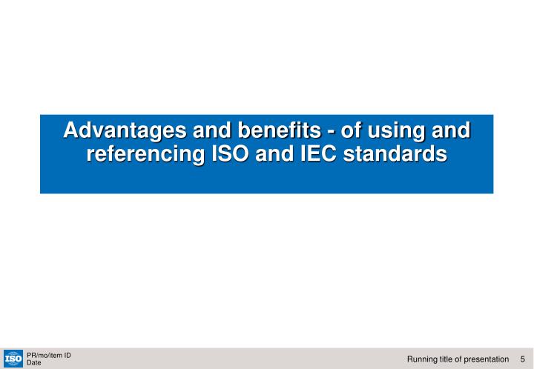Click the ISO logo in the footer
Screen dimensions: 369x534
[13, 359]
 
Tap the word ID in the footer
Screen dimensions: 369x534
[67, 355]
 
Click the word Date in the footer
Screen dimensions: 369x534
[33, 363]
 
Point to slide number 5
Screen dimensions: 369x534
[523, 359]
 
